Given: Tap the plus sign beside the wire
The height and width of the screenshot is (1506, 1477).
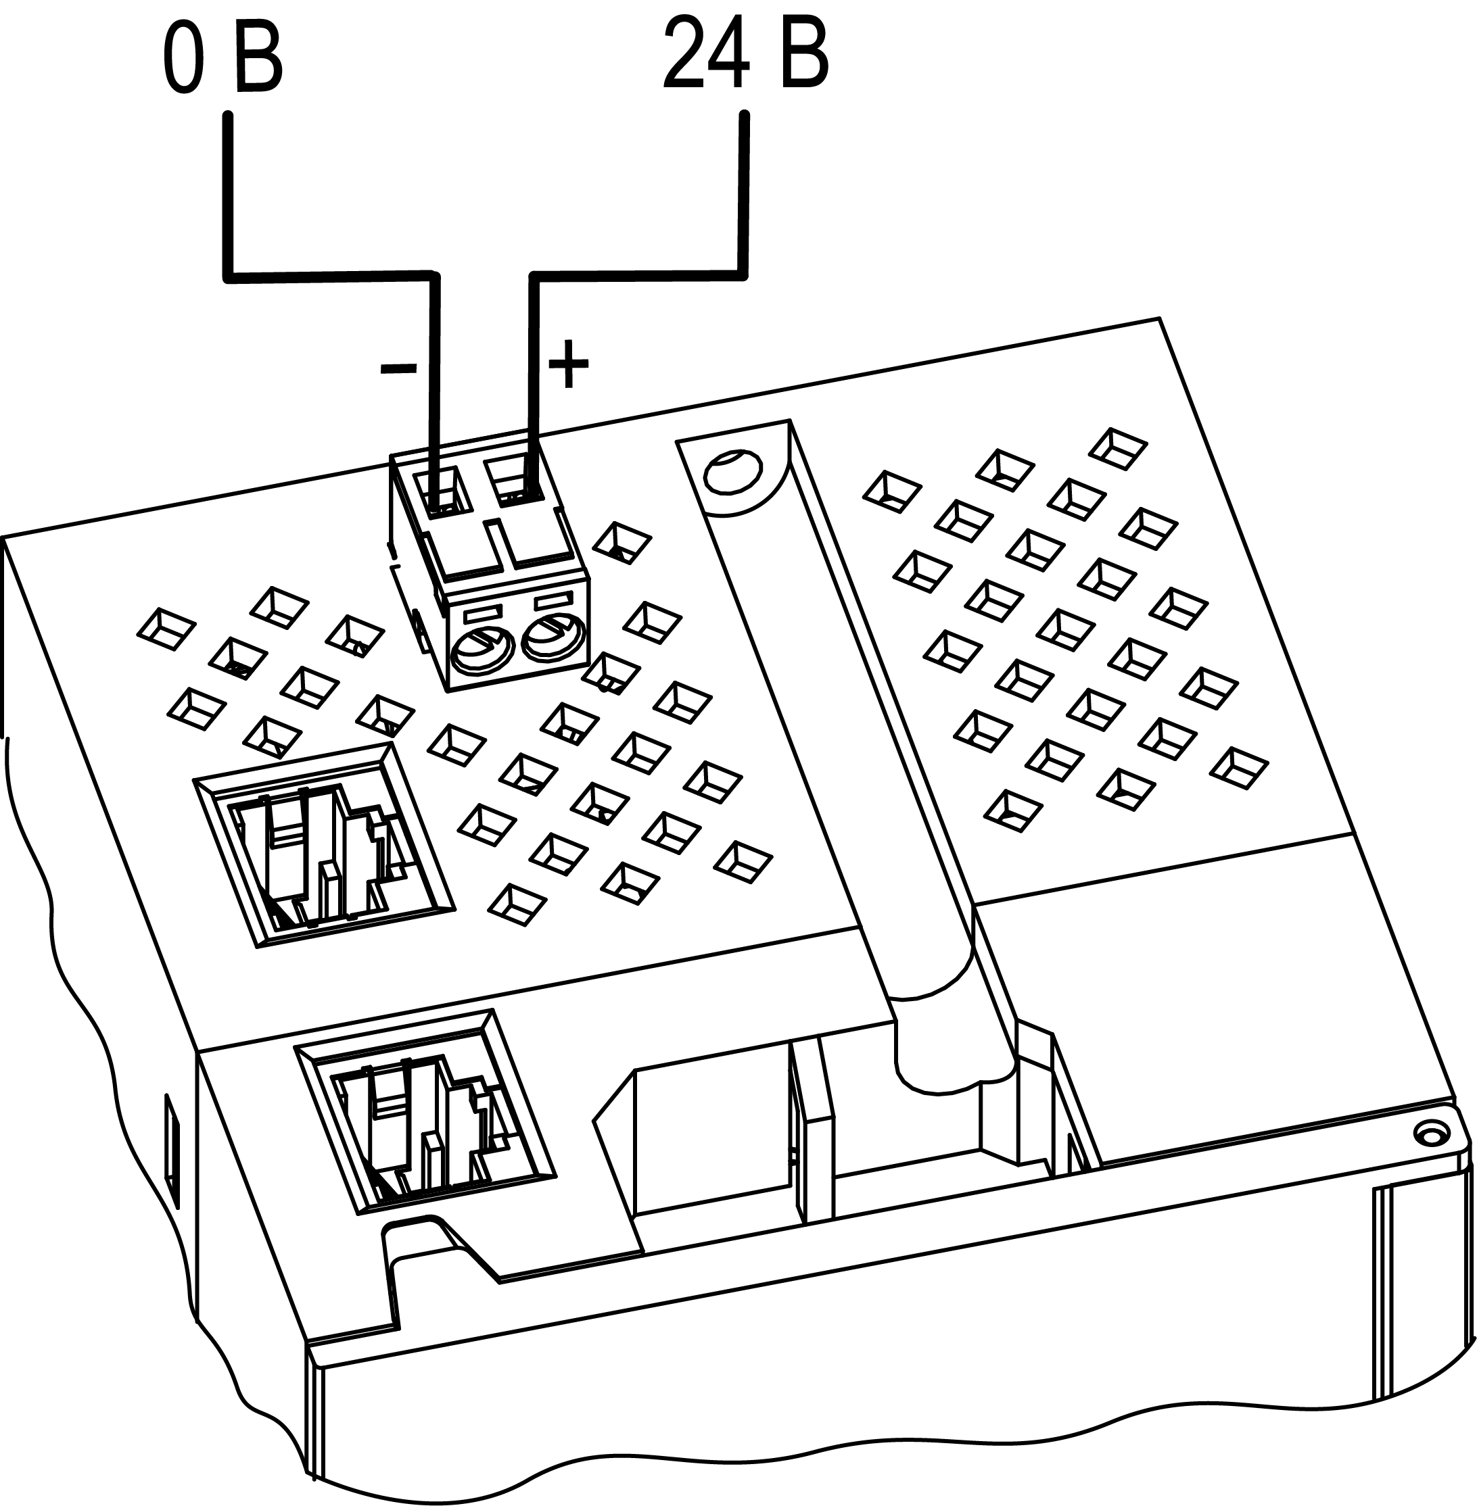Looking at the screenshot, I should [569, 363].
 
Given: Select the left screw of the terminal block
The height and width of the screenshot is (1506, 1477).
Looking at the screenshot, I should [482, 649].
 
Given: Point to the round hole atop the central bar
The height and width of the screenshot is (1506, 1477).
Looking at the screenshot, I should [732, 472].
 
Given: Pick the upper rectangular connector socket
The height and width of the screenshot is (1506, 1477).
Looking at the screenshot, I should [323, 846].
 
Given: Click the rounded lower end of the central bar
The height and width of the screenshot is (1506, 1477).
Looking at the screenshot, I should [954, 1069].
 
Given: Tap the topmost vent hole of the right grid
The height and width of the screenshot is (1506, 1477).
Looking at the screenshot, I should [1118, 448].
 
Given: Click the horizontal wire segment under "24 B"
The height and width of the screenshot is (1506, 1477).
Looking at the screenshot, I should [638, 274].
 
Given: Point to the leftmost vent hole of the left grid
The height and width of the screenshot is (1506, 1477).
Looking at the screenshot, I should [166, 629].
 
